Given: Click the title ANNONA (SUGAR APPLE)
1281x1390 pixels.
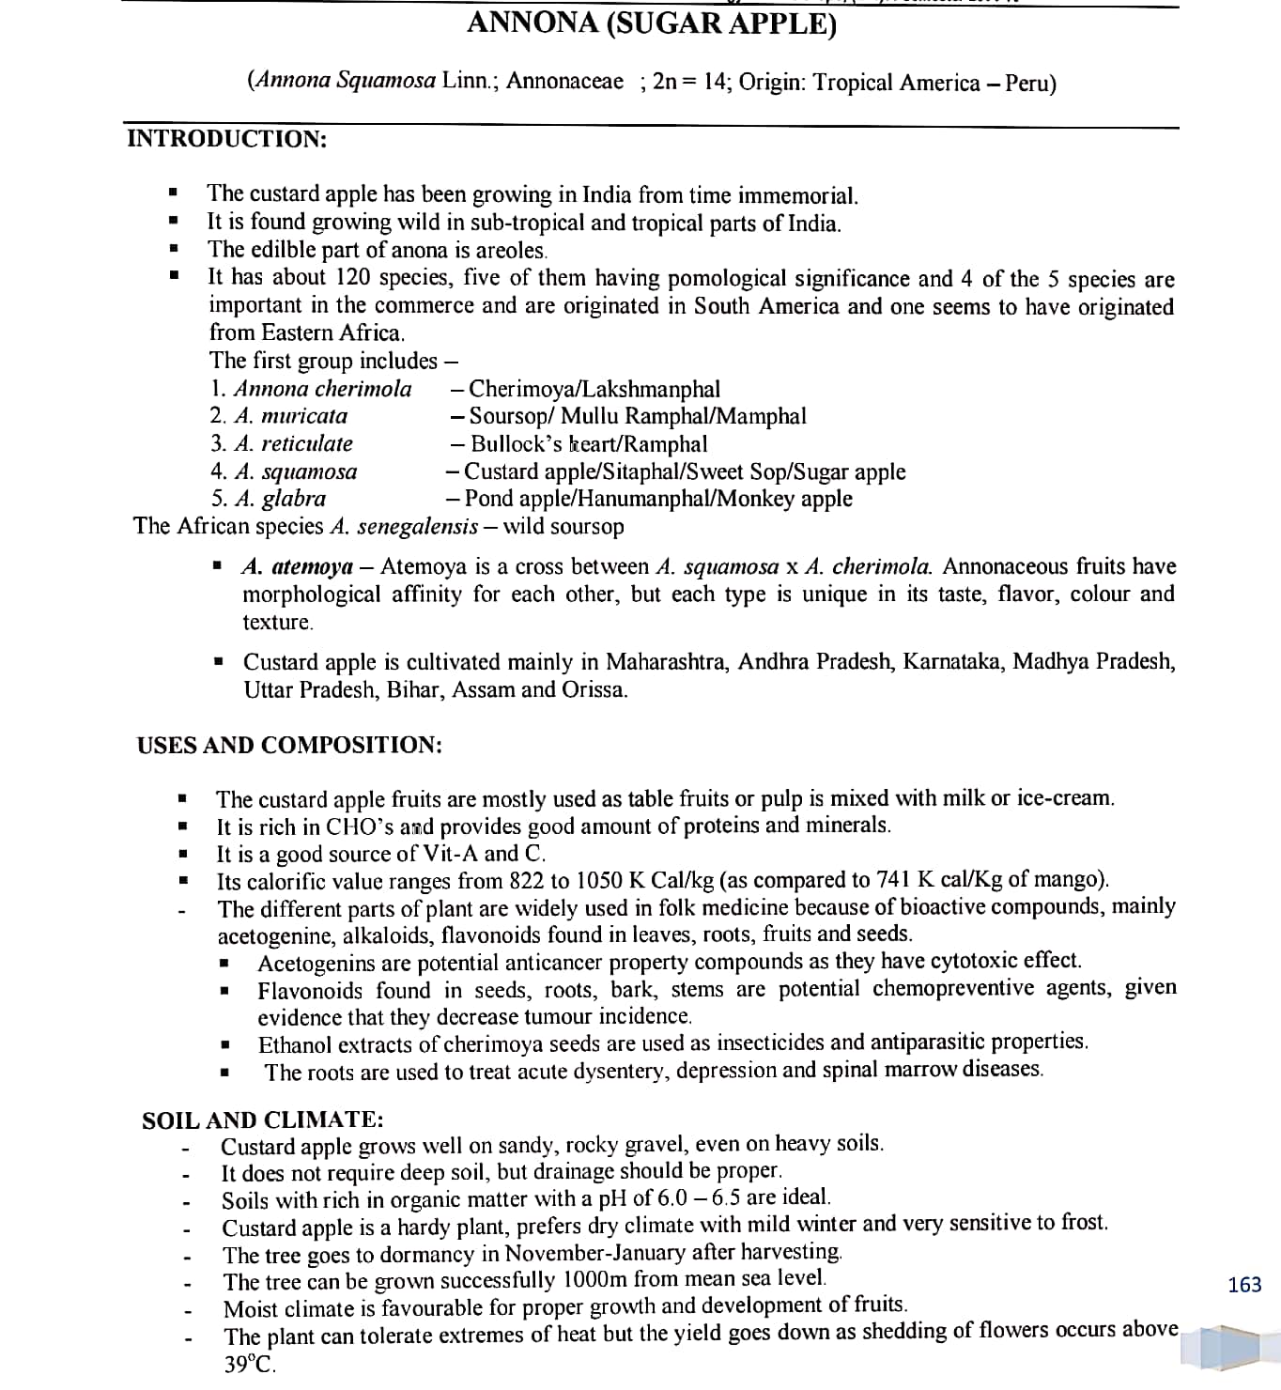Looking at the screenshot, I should click(651, 23).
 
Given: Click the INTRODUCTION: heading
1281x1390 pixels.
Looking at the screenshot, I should click(226, 139).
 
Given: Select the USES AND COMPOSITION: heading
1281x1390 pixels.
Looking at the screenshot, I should click(289, 745).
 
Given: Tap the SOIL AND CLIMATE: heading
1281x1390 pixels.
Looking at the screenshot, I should click(262, 1120).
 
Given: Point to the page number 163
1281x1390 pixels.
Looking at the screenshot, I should click(1244, 1284).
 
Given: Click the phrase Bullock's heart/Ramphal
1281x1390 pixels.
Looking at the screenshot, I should click(589, 444).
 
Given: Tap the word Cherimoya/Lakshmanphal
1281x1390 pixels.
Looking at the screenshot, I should click(594, 389).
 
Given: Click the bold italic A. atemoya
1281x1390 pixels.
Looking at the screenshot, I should click(297, 567).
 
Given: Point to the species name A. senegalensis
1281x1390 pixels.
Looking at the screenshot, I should click(405, 526).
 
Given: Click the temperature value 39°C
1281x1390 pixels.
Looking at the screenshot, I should click(250, 1365).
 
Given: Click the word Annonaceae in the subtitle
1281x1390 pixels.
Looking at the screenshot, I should click(564, 81).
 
